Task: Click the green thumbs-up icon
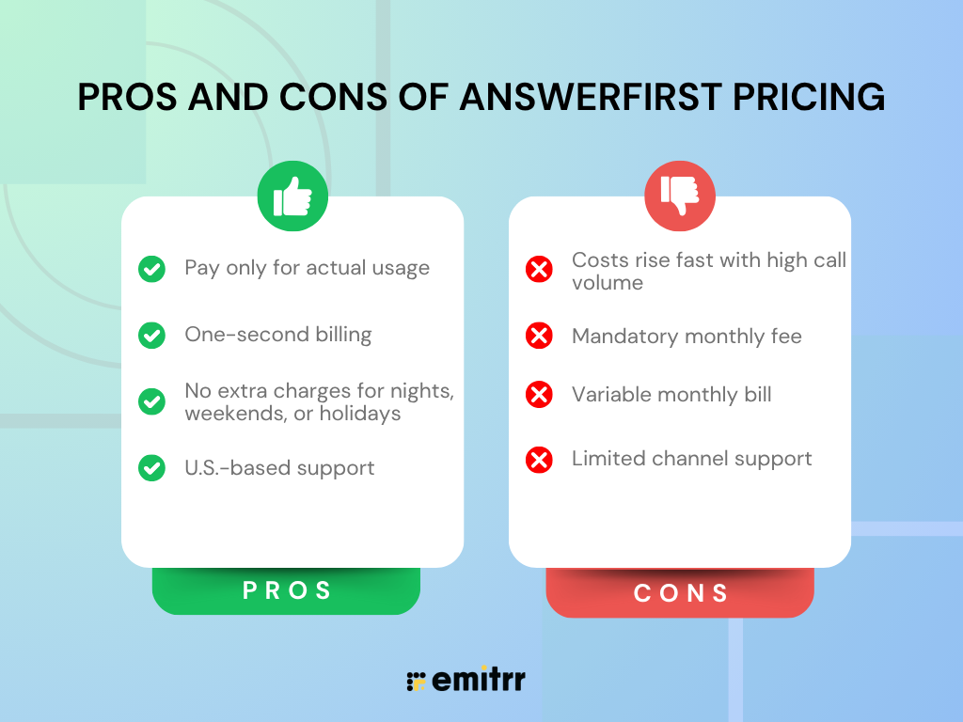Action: pyautogui.click(x=292, y=196)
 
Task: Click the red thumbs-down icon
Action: pyautogui.click(x=680, y=196)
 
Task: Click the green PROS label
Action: pyautogui.click(x=287, y=590)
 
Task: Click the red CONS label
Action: pyautogui.click(x=681, y=593)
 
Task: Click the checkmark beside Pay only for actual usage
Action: pyautogui.click(x=151, y=269)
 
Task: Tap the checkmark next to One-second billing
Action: pyautogui.click(x=151, y=335)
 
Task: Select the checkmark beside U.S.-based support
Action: pyautogui.click(x=151, y=468)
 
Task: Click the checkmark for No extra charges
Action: pyautogui.click(x=151, y=402)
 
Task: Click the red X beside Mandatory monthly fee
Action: pyautogui.click(x=539, y=336)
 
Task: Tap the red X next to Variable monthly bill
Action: pyautogui.click(x=539, y=395)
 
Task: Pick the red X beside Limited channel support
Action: pyautogui.click(x=539, y=460)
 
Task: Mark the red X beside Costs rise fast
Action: pyautogui.click(x=539, y=271)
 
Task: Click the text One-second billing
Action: pyautogui.click(x=278, y=335)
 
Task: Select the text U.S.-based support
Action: pyautogui.click(x=279, y=468)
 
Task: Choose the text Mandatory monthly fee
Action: pyautogui.click(x=687, y=336)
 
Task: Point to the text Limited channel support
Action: pyautogui.click(x=691, y=459)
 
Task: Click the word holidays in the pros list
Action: pyautogui.click(x=361, y=414)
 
